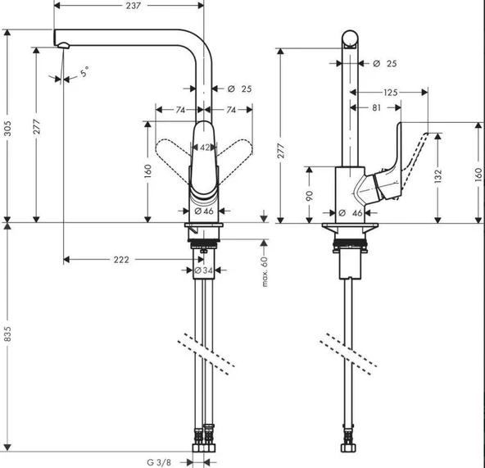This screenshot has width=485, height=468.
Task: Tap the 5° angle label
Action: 85,74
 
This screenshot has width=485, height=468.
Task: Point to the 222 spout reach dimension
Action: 120,260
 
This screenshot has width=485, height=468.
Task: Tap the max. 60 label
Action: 265,271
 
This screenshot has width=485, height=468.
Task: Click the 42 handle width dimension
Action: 205,148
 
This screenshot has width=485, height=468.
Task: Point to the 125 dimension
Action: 390,93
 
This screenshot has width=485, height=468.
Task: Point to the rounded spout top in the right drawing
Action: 350,39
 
